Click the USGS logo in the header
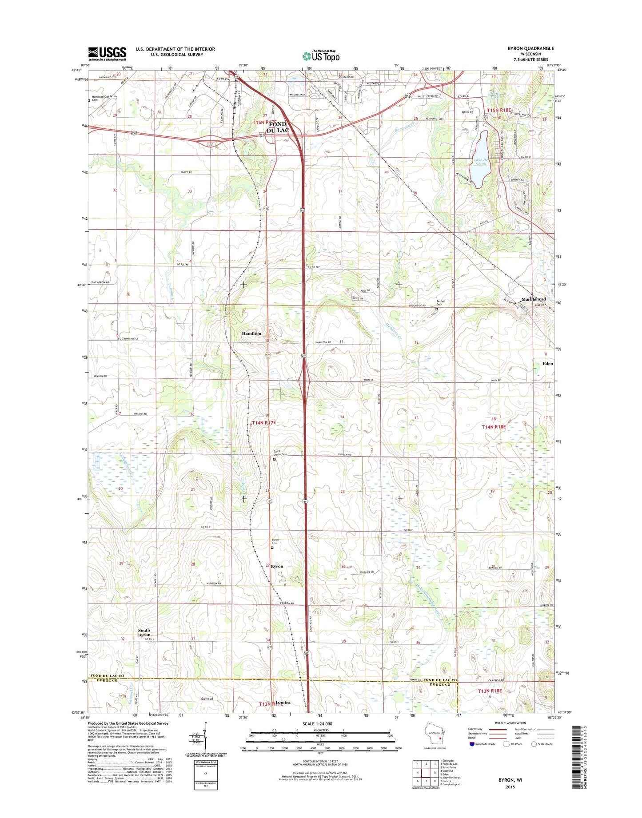(x=107, y=54)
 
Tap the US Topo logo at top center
(x=321, y=56)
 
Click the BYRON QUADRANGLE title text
(x=530, y=48)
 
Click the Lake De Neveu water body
(x=479, y=159)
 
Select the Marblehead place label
(x=533, y=299)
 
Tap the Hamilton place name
(x=251, y=333)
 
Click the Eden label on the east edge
(x=547, y=363)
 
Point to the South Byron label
(x=144, y=632)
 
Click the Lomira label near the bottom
(x=283, y=703)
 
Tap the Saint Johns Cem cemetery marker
(x=274, y=459)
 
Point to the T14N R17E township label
(x=264, y=423)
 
